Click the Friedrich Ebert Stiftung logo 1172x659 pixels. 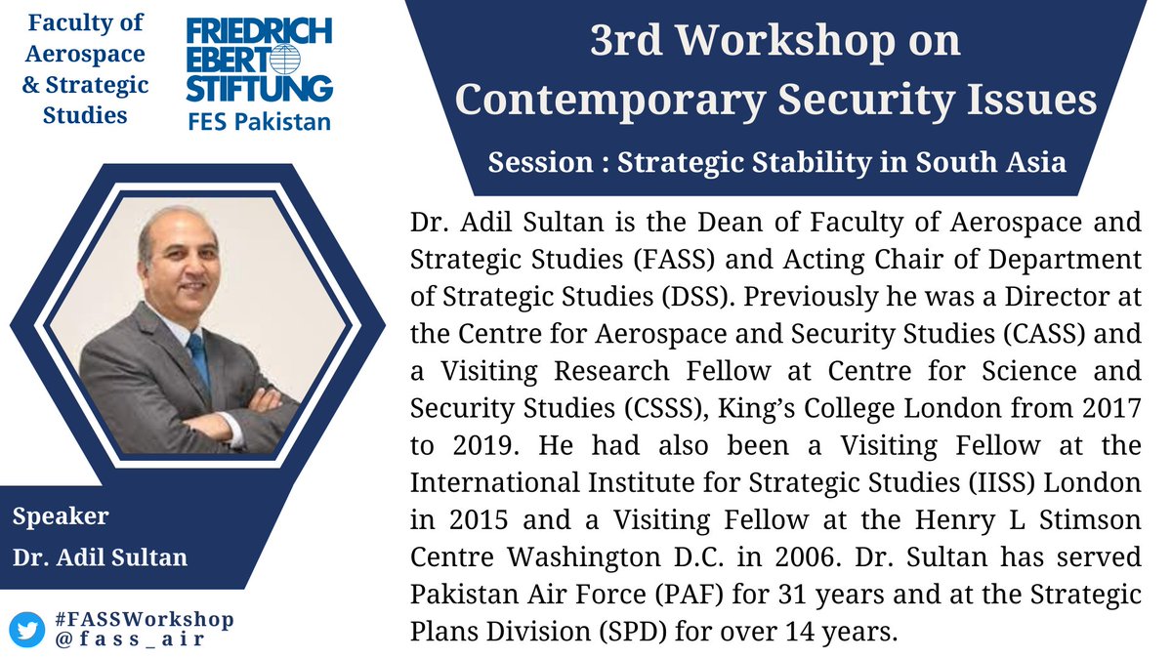(x=259, y=62)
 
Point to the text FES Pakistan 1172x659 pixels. (x=259, y=122)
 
